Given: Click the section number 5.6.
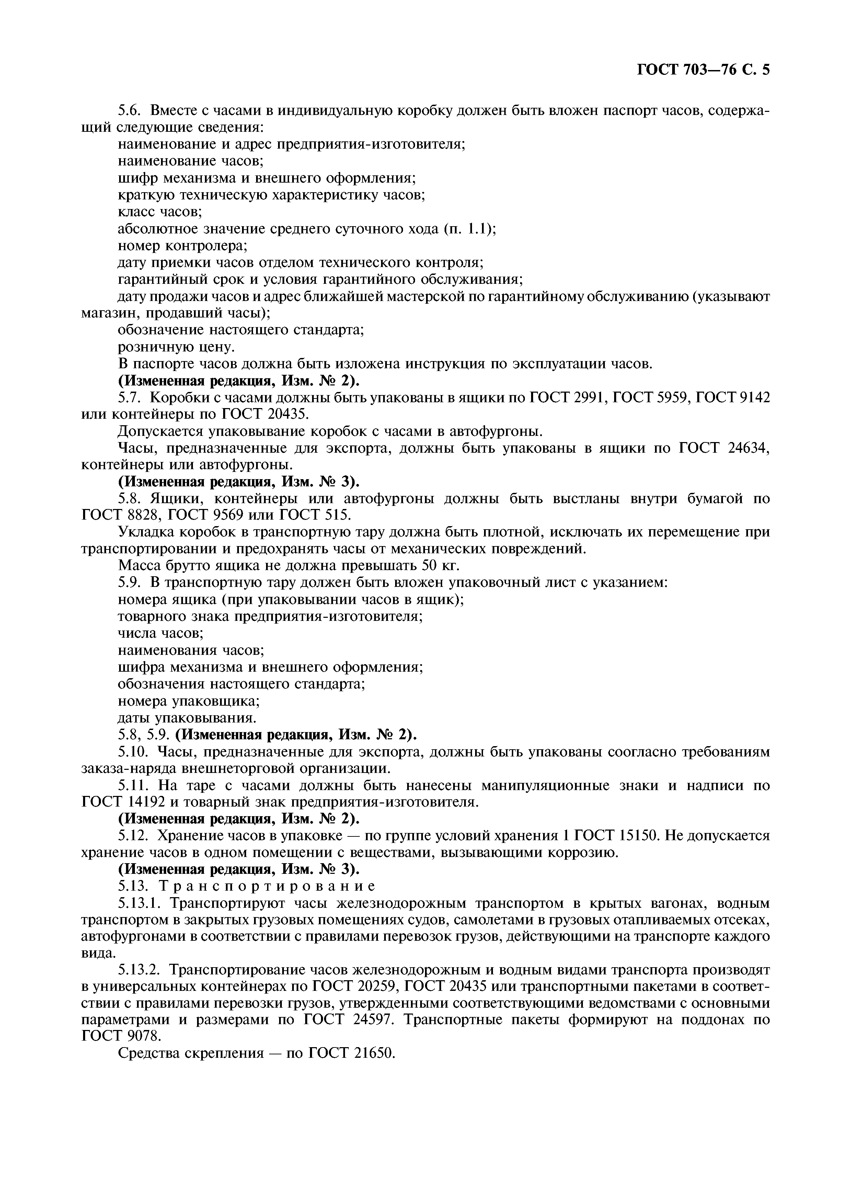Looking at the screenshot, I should (x=129, y=111).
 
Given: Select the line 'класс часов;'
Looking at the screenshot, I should (x=160, y=212).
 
